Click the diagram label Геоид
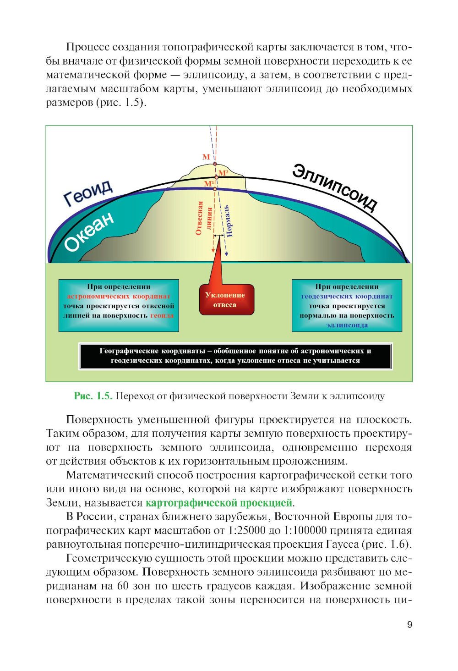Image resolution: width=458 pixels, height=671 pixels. coord(87,192)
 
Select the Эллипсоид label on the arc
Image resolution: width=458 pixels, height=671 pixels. coord(335,187)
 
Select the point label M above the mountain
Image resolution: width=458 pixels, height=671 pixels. coord(206,157)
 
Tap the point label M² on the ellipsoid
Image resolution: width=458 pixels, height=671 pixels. coord(224,173)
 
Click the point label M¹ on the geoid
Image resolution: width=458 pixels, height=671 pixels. coord(209,184)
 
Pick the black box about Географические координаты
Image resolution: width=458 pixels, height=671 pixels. coord(235,356)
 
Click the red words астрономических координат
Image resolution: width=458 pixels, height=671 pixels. coord(119,296)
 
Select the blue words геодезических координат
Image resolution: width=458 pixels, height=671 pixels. coord(347,296)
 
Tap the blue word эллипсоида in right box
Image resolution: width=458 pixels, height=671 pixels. coord(347,325)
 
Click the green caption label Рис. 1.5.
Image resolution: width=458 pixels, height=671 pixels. coord(93,396)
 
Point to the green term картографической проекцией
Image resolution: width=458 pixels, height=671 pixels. coord(219,503)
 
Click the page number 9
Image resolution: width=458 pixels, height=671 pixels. coord(409,624)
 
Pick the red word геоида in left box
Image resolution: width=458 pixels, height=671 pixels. coord(162,315)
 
